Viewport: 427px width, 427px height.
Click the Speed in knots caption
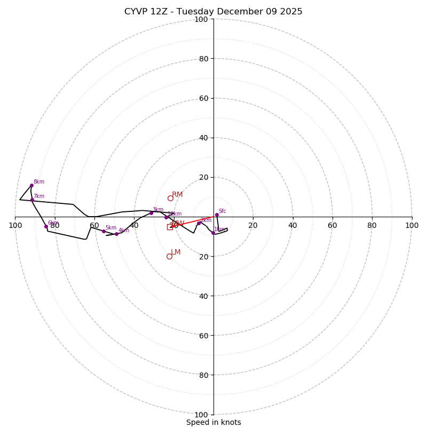213,422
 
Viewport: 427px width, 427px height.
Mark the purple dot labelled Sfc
217,215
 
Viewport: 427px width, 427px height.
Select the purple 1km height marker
213,233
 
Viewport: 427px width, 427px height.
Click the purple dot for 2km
199,224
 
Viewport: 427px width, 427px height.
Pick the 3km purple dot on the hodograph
151,213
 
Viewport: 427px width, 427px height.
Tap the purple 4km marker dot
116,234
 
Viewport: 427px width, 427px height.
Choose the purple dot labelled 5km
104,231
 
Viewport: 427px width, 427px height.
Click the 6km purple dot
46,226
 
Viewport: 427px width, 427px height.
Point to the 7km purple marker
32,200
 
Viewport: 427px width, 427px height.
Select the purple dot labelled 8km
31,185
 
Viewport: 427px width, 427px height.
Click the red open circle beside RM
170,198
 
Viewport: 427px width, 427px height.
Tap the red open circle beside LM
169,256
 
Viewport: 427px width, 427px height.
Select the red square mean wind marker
170,227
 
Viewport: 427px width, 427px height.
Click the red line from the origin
192,222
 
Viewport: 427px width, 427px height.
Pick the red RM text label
177,195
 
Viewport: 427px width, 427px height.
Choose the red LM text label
176,252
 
